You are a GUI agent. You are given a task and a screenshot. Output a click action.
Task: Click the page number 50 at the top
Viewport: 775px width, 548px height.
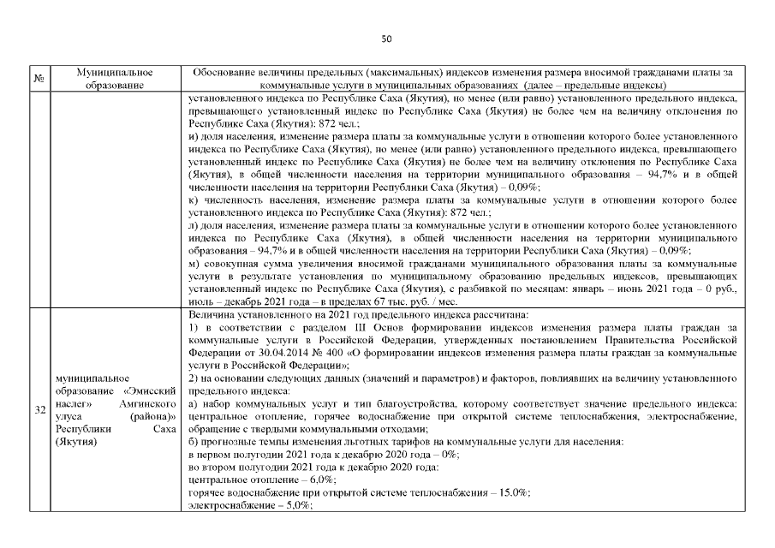pos(386,39)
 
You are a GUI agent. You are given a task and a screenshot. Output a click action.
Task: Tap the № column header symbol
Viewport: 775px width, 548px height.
pos(39,79)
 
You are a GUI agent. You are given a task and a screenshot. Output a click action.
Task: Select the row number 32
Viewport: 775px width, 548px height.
pos(39,410)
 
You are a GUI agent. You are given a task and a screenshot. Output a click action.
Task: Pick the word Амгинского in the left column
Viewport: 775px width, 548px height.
pos(139,399)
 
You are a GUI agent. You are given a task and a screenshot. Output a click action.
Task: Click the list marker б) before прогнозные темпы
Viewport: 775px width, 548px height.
pos(194,442)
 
